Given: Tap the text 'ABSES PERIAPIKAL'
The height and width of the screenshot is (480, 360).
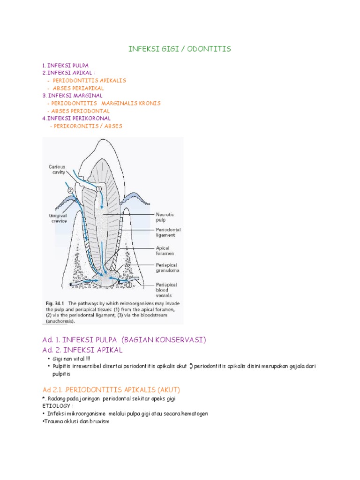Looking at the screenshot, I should point(78,88).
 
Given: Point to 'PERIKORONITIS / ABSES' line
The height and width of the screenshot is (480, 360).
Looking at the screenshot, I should point(86,126).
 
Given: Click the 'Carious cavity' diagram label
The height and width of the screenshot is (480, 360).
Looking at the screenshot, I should point(57,169).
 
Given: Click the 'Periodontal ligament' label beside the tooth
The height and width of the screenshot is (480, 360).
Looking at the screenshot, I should point(168,233).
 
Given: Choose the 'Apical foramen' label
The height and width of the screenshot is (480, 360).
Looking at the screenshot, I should point(164,251).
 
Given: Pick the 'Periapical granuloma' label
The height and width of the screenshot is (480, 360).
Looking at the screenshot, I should point(167,268).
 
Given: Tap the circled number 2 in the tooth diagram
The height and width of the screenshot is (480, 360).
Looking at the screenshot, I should point(70,191).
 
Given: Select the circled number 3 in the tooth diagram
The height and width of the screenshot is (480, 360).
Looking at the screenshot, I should point(128,284).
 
